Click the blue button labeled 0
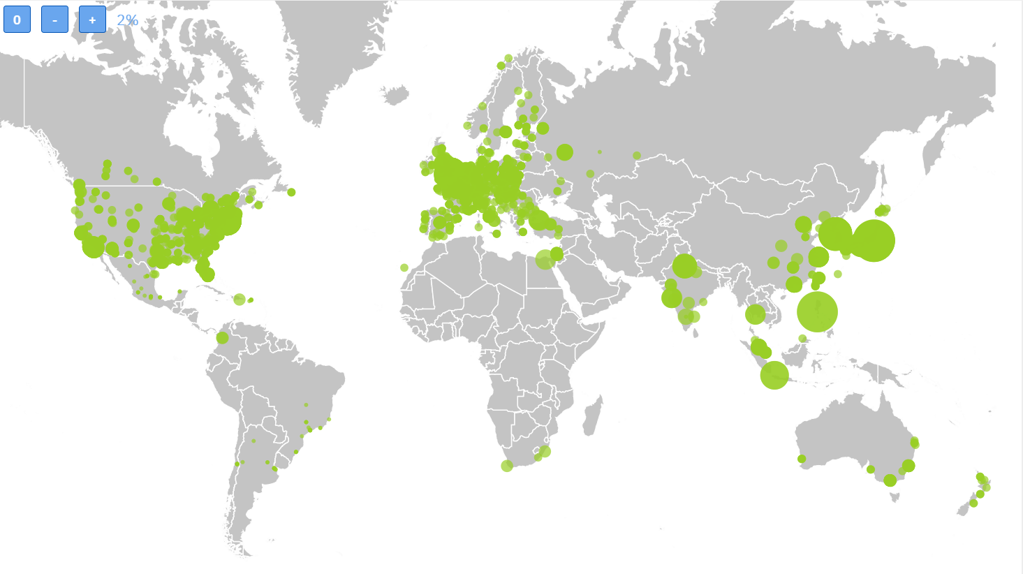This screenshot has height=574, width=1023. point(17,20)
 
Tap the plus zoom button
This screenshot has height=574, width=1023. point(92,20)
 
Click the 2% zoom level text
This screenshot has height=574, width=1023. point(128,20)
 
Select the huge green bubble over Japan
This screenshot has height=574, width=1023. point(873,240)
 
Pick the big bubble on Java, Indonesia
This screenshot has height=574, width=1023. point(774,375)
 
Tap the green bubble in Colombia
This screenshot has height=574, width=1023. point(222,338)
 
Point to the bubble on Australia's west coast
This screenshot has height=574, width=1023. point(802,459)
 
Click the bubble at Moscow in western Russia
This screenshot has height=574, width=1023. point(565,152)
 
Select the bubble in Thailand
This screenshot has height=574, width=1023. point(755,314)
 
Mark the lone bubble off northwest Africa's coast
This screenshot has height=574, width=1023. point(404,267)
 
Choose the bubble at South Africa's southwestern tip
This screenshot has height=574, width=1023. point(507,466)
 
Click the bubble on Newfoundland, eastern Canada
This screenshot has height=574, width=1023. point(291,192)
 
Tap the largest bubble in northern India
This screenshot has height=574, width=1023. point(684,266)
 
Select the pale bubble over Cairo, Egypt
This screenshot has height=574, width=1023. point(545,260)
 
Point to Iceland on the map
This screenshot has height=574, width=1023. point(395,94)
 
